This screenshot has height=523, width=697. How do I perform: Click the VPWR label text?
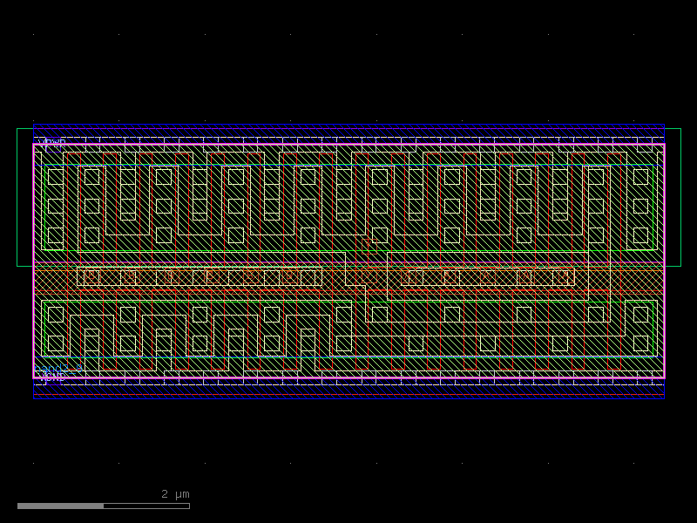click(51, 141)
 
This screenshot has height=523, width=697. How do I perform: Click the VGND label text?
click(51, 377)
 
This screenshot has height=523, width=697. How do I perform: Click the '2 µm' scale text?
click(175, 494)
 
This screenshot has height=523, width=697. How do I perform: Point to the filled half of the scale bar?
click(60, 506)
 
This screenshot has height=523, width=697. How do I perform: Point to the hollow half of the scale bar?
click(146, 506)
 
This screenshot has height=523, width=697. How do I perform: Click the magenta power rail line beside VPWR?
click(348, 145)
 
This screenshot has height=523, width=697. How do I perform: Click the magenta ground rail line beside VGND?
click(348, 378)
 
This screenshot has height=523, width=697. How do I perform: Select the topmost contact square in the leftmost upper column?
click(56, 177)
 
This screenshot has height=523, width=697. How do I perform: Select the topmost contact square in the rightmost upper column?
click(641, 177)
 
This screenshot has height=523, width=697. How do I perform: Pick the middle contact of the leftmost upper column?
click(56, 206)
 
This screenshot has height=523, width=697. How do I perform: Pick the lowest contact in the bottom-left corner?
click(56, 343)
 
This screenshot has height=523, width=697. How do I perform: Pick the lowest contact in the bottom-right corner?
click(641, 343)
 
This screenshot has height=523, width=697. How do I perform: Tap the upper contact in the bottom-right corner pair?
click(641, 314)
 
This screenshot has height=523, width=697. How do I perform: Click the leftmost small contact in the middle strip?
click(91, 277)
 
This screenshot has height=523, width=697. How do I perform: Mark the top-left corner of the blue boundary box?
click(34, 125)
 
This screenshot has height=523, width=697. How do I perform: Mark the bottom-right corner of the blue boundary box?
click(664, 398)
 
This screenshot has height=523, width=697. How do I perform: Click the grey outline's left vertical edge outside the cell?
click(17, 197)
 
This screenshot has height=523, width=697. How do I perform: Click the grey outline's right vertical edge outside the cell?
click(680, 197)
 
